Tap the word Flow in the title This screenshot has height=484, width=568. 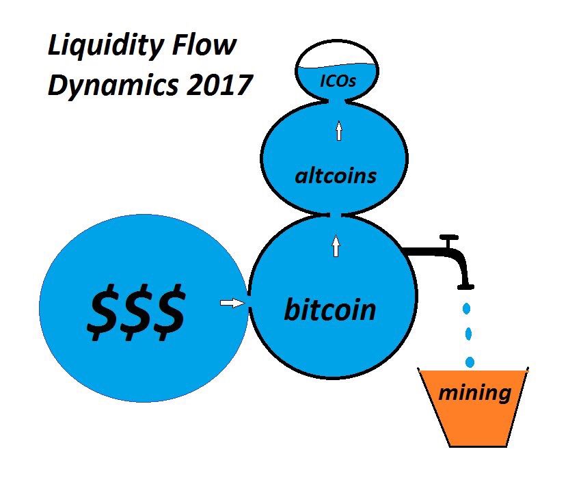208,46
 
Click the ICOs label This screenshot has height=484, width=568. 339,83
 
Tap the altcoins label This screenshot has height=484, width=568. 336,176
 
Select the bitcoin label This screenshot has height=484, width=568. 330,310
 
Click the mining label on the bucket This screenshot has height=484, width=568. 474,392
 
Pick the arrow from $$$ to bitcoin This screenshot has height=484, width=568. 233,303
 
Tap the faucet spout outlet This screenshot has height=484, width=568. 468,283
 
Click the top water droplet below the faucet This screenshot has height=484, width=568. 467,308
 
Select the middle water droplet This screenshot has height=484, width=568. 469,334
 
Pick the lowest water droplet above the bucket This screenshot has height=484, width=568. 470,361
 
